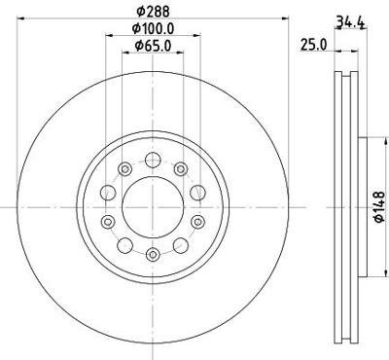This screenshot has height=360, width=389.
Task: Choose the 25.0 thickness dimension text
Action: pyautogui.click(x=312, y=45)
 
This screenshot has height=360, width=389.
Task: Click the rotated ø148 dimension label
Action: pyautogui.click(x=379, y=206)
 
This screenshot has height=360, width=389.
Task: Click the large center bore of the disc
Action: pyautogui.click(x=153, y=206)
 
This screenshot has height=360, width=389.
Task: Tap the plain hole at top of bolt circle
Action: pyautogui.click(x=153, y=161)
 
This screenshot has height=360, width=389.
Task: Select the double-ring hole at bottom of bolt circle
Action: pyautogui.click(x=153, y=254)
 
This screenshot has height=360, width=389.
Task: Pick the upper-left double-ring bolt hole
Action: pyautogui.click(x=124, y=169)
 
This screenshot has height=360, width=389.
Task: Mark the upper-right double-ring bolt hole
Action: pyautogui.click(x=181, y=169)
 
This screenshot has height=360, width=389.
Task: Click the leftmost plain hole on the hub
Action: pyautogui.click(x=108, y=192)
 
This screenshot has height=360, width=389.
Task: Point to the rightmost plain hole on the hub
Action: pyautogui.click(x=197, y=192)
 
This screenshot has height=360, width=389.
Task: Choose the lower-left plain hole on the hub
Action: pyautogui.click(x=125, y=245)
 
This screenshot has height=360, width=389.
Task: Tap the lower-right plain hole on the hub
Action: pyautogui.click(x=181, y=245)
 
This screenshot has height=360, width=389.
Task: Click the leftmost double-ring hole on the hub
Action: pyautogui.click(x=108, y=222)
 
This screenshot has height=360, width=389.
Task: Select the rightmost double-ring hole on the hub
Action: pyautogui.click(x=197, y=222)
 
